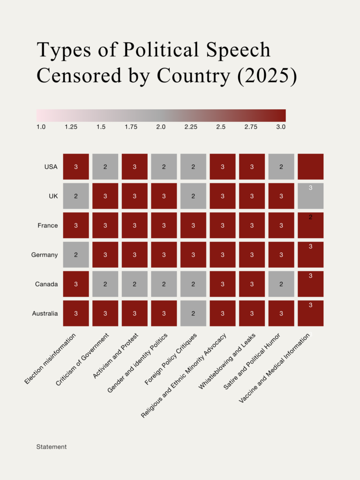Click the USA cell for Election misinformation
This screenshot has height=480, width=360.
point(76,166)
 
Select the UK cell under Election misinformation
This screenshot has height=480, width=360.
point(76,196)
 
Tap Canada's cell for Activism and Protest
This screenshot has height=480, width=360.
point(135,284)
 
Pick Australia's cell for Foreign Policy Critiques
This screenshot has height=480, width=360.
point(193,313)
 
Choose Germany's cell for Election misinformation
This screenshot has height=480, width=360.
point(76,255)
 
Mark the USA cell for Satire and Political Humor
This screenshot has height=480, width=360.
point(281,166)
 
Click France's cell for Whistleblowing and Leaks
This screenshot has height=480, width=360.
point(252,225)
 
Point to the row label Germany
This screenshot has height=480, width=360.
point(45,255)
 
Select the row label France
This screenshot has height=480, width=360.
point(48,225)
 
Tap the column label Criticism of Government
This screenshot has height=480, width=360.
point(83,360)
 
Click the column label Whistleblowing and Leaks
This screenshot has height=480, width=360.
point(226,361)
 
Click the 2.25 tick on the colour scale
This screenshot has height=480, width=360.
point(191,127)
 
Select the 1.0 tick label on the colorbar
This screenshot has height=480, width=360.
point(41,127)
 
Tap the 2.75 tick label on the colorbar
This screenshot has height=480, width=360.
point(251,127)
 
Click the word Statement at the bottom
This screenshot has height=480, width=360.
point(52,447)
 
